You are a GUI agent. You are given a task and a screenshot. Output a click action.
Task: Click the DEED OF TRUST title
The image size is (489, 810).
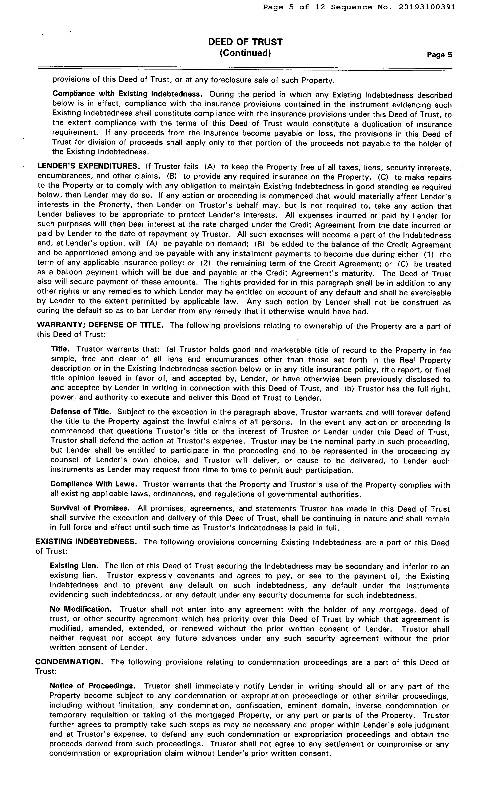pos(245,42)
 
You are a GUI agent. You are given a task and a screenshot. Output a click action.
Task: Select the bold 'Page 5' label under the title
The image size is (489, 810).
pos(439,55)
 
